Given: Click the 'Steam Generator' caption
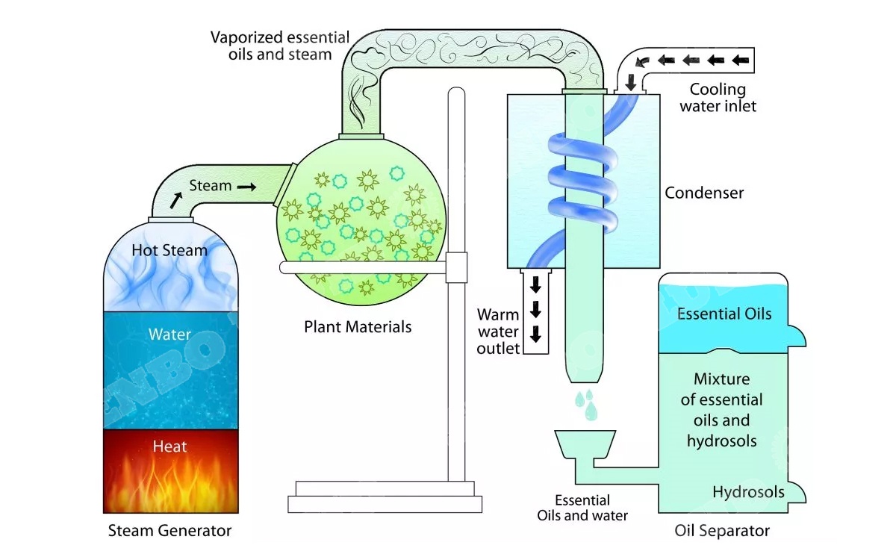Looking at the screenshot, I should coord(169,532).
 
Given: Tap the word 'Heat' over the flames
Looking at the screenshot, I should coord(169,447).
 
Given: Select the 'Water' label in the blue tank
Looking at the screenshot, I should coord(169,335).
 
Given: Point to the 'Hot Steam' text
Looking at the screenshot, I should coord(169,251).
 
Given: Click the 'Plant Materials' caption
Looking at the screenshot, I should coord(358,327).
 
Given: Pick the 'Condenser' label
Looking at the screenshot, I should coord(704,193).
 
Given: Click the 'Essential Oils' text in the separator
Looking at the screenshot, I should coord(724,314).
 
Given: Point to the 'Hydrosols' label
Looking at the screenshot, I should coord(748,492).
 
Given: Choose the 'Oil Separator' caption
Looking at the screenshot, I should coord(721,532).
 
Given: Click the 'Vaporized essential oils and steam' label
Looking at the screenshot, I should coord(279,46).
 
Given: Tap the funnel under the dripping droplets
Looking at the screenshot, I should coord(585,444).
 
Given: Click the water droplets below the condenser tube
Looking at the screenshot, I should coord(586,402).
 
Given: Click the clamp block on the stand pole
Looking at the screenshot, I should coord(455,267).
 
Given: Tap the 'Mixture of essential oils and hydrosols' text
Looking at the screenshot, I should coord(721,410).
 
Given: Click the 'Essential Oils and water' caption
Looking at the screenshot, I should coord(582,508).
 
